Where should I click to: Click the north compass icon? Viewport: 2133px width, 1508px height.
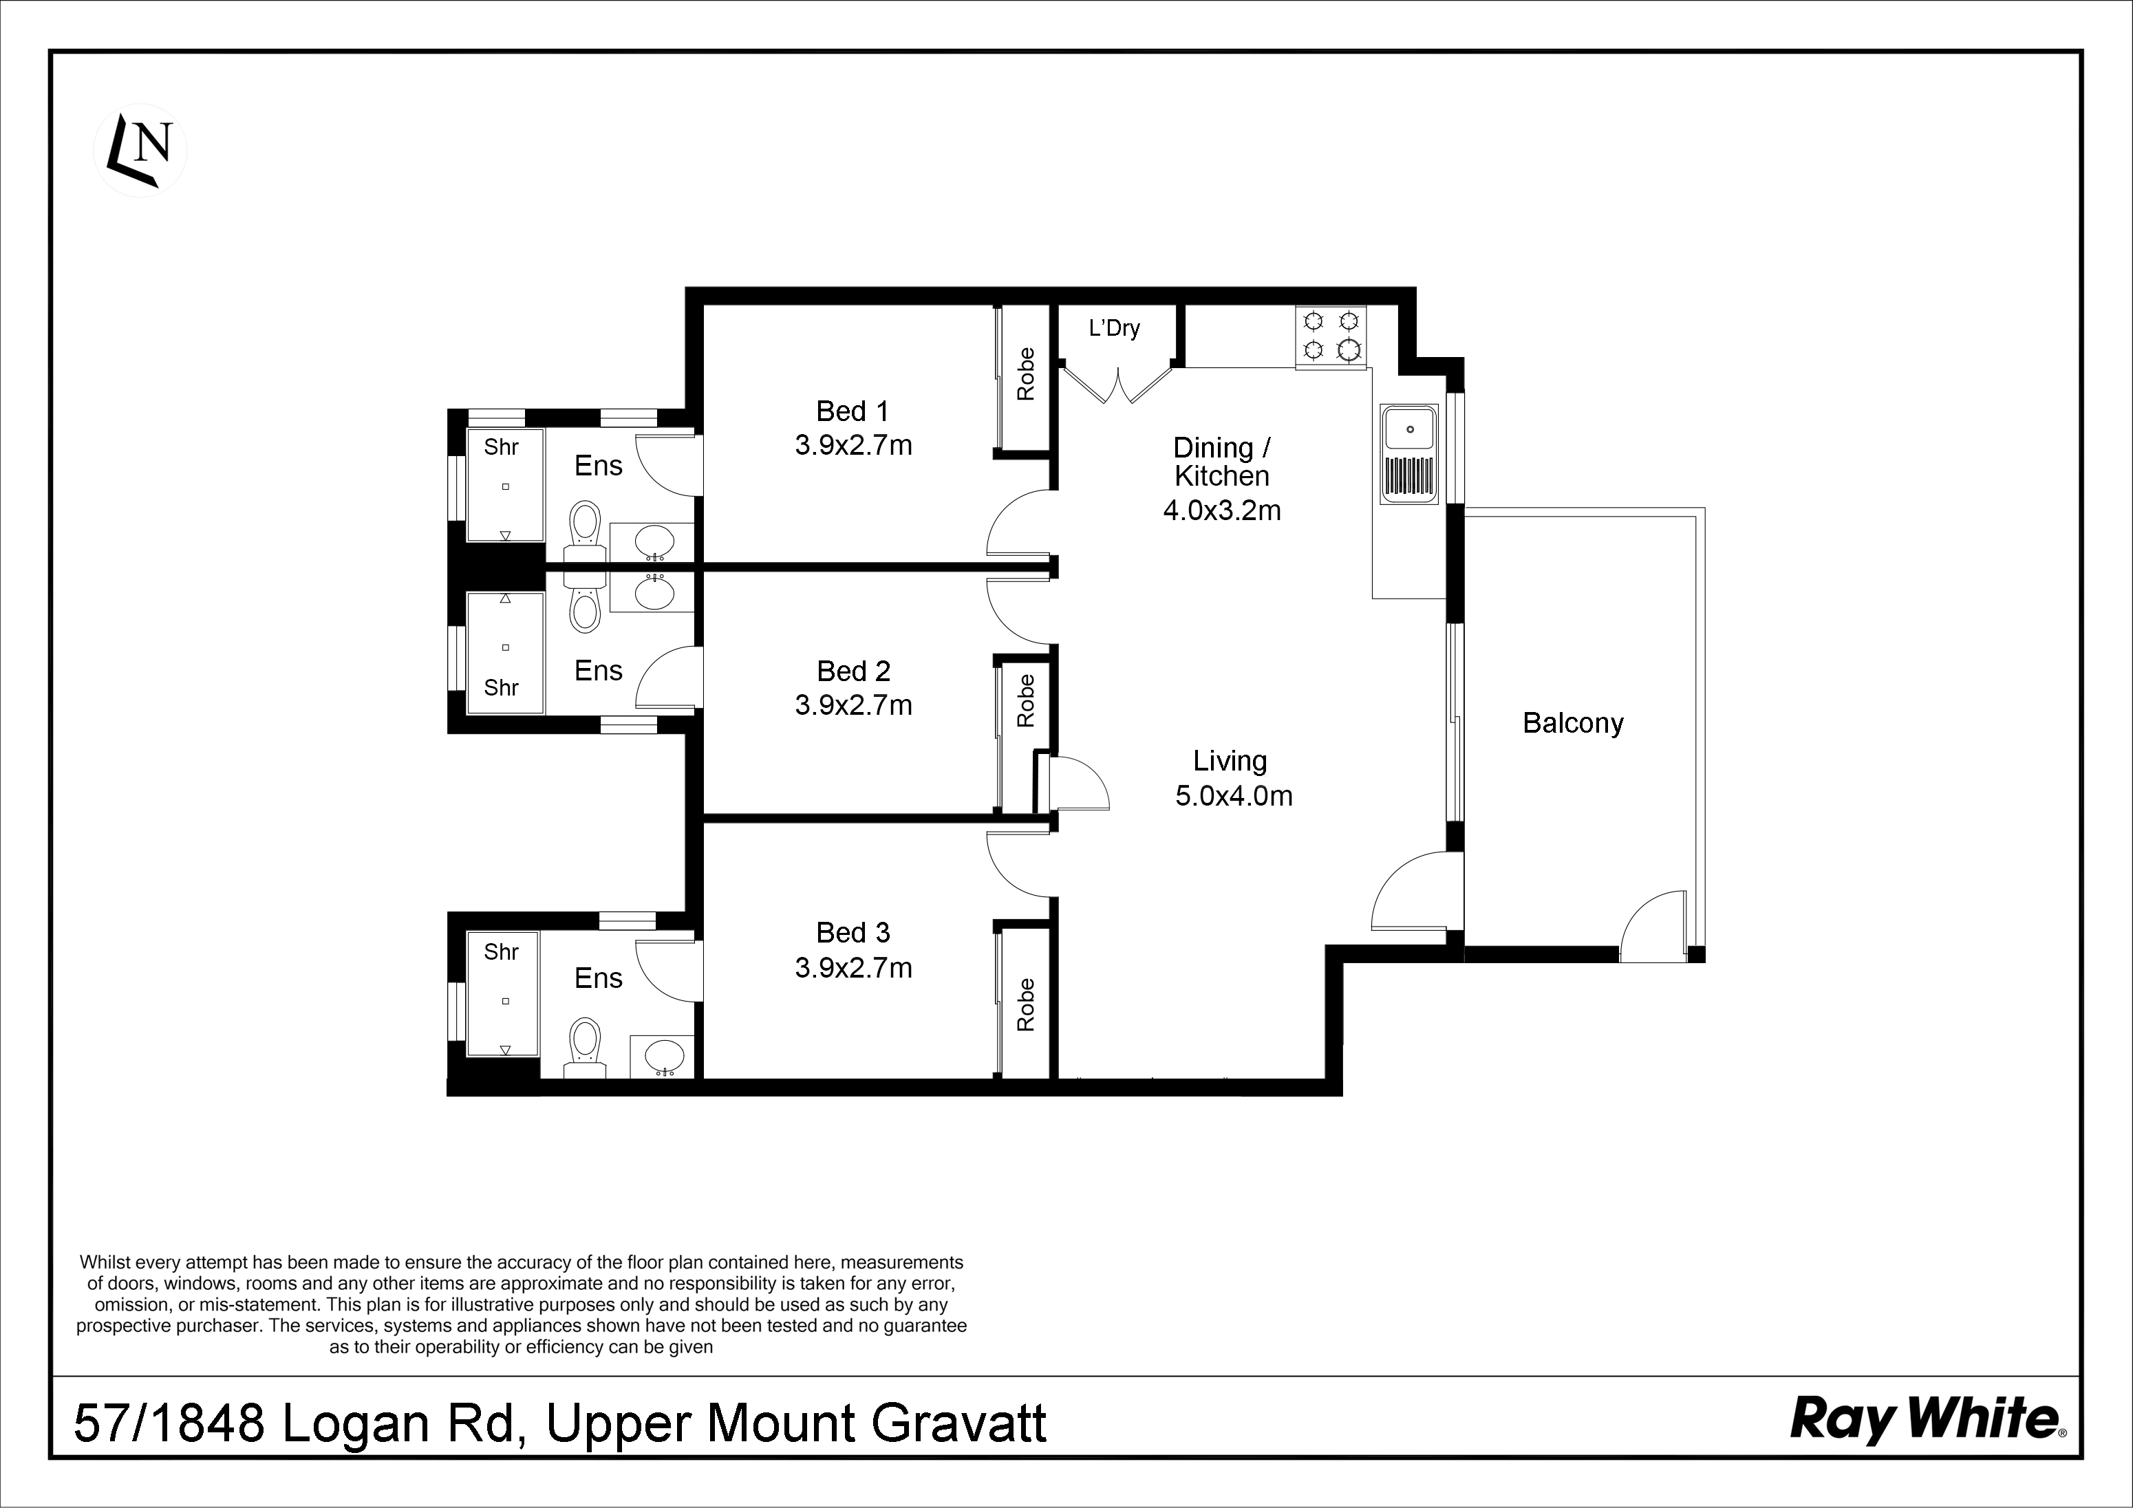140,149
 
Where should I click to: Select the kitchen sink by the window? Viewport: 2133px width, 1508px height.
1408,453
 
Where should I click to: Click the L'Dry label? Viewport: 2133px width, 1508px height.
1114,328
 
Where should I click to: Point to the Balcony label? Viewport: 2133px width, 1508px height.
1573,723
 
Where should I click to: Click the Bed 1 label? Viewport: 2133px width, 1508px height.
852,411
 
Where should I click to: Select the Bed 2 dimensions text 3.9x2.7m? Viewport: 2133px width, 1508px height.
853,705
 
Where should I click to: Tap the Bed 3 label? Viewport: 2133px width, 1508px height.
853,932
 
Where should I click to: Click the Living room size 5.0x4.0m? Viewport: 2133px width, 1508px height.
1234,795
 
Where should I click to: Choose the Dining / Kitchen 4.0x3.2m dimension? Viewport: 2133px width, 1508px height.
1221,510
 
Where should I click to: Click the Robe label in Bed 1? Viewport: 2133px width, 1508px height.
1026,374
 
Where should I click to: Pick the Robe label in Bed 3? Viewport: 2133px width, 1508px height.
1026,1004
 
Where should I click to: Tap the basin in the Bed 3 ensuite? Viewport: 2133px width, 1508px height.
663,1057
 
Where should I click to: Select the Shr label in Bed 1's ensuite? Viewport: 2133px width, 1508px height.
501,447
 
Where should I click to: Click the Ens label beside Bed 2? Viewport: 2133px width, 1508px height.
599,671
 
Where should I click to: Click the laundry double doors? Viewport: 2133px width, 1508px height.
1117,385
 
